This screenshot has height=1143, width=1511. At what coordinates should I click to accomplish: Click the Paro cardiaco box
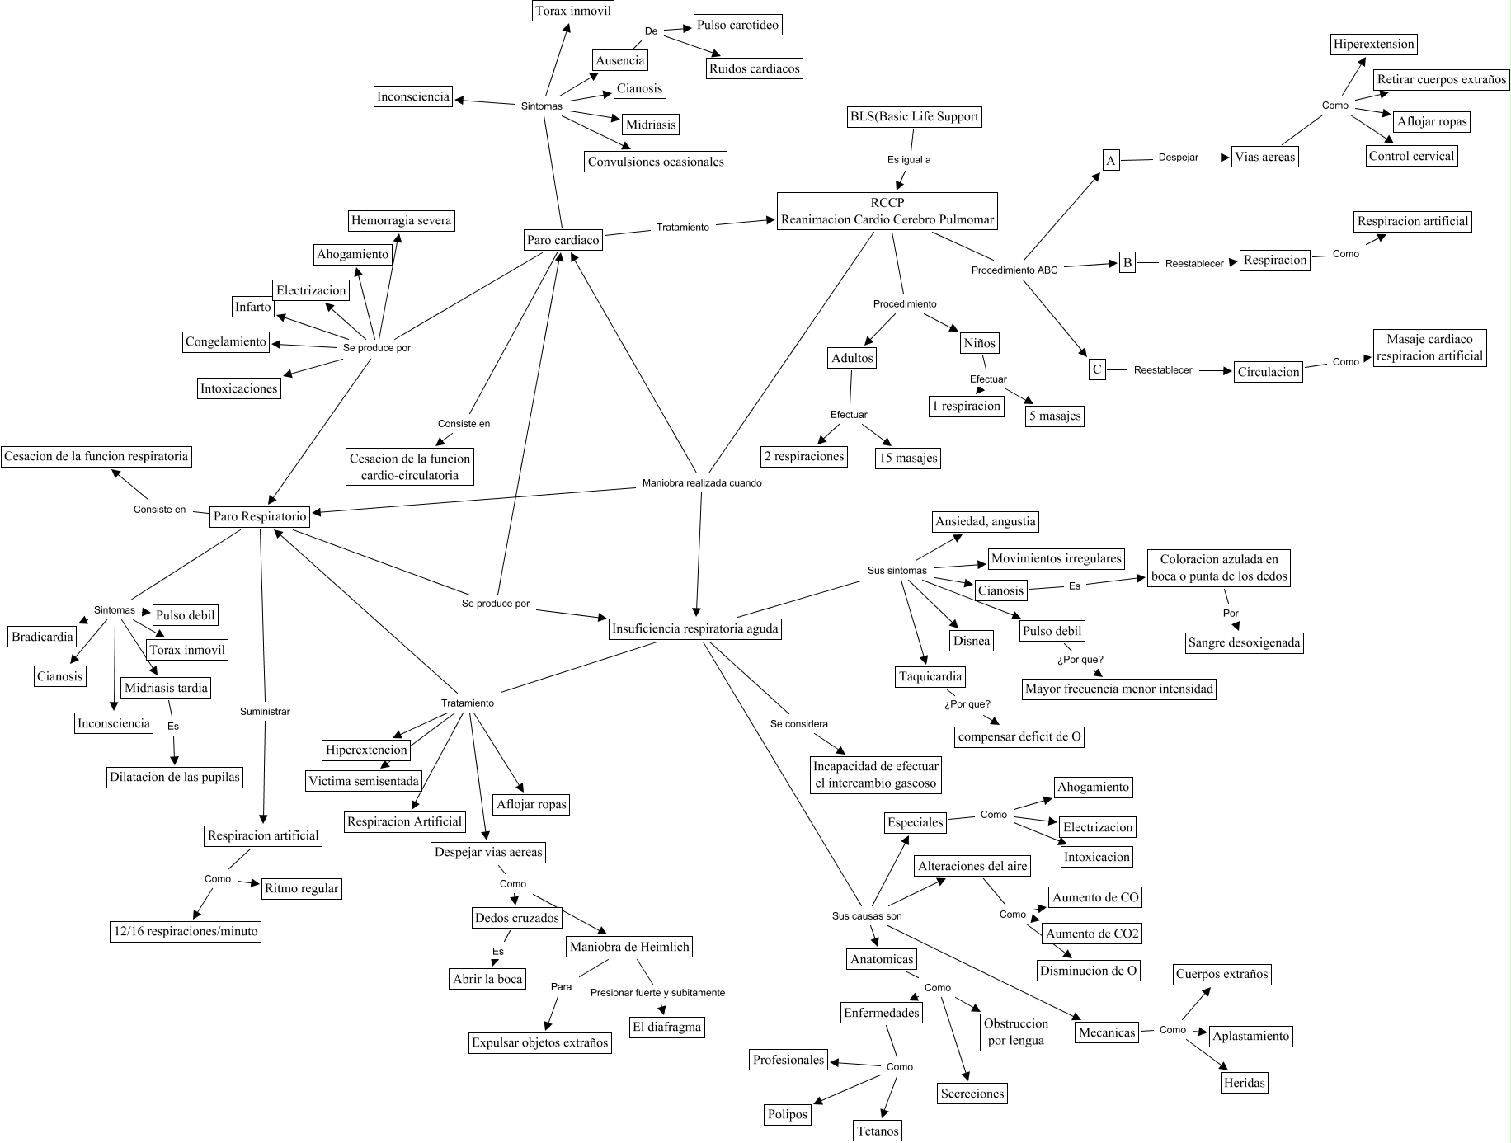[563, 240]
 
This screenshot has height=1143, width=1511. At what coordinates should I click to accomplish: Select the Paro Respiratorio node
[260, 517]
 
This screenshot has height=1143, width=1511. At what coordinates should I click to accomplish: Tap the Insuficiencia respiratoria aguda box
[694, 629]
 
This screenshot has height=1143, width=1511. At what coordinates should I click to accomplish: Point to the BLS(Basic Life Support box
[914, 117]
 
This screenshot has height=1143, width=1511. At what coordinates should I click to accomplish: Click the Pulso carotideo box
[737, 25]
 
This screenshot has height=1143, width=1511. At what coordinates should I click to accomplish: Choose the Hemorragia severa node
[401, 221]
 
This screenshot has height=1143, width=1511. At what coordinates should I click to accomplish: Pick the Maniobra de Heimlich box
[629, 948]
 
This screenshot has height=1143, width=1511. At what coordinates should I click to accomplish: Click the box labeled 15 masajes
[907, 458]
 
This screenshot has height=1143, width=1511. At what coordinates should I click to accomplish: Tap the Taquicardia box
[930, 677]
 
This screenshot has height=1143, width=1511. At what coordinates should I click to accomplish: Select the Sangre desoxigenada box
[1245, 643]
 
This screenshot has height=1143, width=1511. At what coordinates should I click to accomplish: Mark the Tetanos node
[877, 1131]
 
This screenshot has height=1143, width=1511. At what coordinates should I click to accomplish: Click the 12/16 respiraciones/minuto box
[186, 932]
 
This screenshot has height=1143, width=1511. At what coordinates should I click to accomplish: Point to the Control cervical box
[1411, 156]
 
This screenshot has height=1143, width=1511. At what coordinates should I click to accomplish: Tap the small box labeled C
[1097, 369]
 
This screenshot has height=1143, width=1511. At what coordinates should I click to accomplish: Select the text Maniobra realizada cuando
[702, 483]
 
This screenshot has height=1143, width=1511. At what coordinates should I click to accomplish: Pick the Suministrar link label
[265, 711]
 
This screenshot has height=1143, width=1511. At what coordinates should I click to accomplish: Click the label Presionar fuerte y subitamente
[657, 993]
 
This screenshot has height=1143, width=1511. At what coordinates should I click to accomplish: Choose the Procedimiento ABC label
[1014, 270]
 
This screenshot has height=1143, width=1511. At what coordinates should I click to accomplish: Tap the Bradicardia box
[42, 637]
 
